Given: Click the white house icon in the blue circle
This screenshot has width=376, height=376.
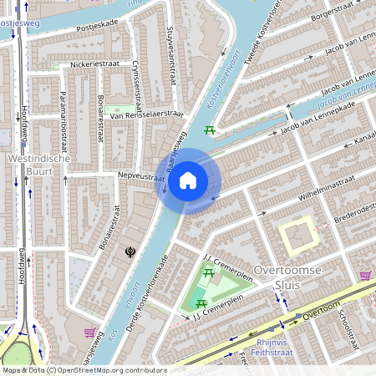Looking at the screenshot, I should pos(188,180).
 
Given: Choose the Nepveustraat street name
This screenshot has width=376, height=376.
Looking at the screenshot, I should pos(141,177).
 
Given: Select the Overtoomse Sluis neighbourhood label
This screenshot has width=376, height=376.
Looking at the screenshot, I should pos(283,277).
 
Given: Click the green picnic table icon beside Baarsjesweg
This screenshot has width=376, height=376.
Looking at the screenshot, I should pos(209,130).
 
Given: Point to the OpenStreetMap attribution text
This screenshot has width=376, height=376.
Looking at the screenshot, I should pos(84,370).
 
